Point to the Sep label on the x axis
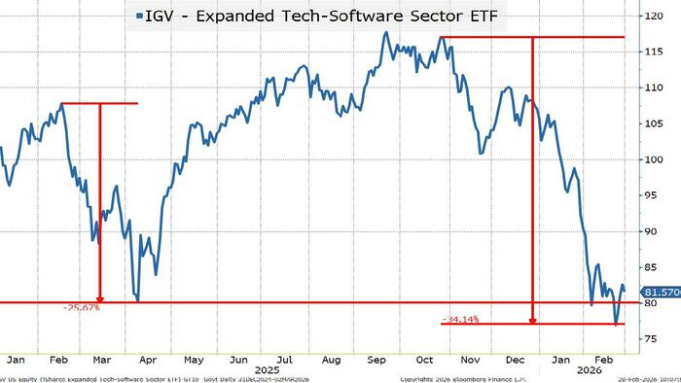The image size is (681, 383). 376,357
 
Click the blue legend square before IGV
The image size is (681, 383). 141,16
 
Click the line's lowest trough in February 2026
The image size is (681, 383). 616,324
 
